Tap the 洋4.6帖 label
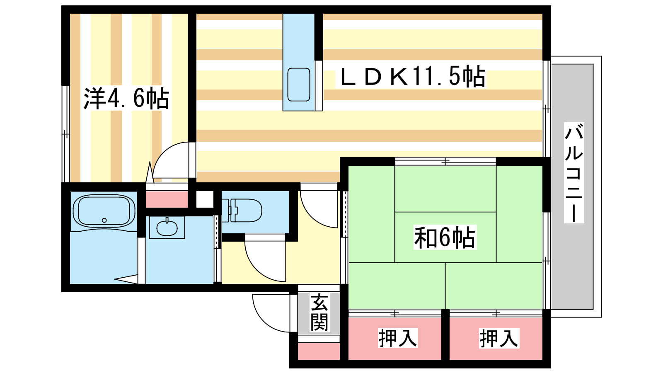(126, 98)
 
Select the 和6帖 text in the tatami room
(445, 237)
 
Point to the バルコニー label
(574, 173)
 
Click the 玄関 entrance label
(319, 312)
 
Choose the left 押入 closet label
(398, 338)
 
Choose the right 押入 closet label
(499, 338)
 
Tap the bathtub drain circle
(104, 220)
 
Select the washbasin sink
(167, 228)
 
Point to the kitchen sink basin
(299, 85)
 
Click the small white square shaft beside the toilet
(205, 199)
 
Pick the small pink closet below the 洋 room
(167, 199)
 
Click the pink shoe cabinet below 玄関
(319, 351)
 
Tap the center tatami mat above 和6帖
(445, 189)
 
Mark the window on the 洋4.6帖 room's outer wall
(65, 134)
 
